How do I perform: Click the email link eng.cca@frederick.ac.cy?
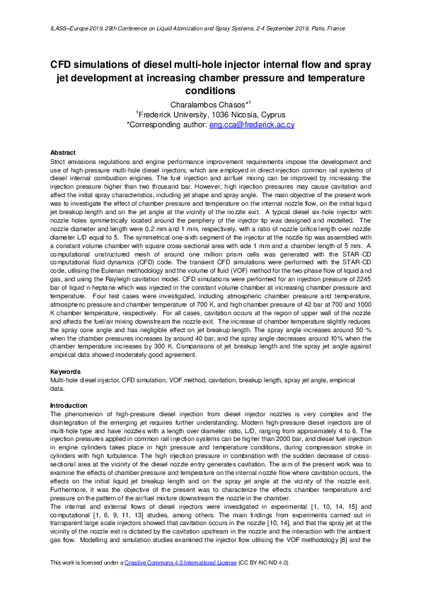[x=251, y=124]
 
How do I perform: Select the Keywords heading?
[x=65, y=371]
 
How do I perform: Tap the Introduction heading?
[x=69, y=406]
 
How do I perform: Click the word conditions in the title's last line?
[x=211, y=91]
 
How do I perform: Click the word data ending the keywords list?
[x=57, y=389]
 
